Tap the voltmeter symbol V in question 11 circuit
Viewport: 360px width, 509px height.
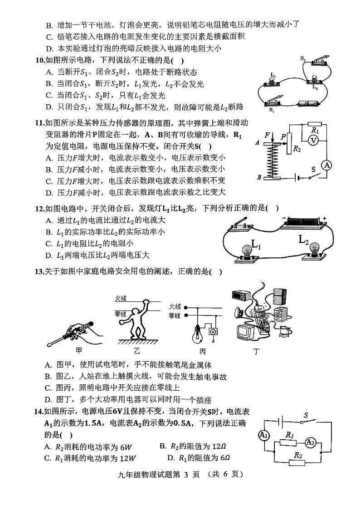(x=312, y=141)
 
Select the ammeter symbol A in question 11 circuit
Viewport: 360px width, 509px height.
(x=326, y=166)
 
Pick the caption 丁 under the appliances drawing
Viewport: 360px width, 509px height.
(x=256, y=351)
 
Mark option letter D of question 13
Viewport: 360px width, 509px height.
(x=49, y=400)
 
